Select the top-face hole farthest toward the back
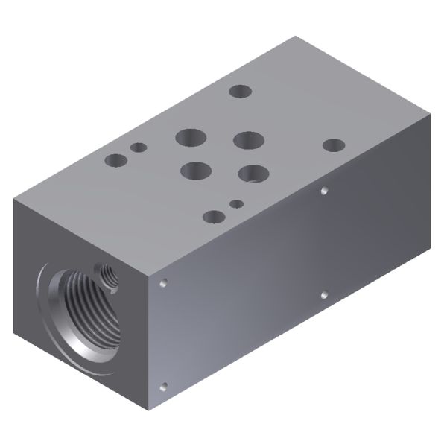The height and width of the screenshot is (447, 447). click(x=240, y=91)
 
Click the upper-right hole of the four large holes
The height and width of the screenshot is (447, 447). click(x=248, y=140)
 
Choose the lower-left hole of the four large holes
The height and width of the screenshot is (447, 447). click(x=195, y=171)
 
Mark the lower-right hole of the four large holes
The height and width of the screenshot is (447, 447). click(x=254, y=174)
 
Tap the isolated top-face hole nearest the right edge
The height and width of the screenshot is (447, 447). click(x=333, y=146)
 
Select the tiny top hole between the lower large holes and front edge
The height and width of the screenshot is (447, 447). click(x=236, y=203)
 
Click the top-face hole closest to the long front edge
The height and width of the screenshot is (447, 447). click(x=214, y=216)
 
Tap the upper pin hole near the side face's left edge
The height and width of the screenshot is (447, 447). click(x=163, y=283)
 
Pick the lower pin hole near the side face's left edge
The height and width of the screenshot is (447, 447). click(x=163, y=386)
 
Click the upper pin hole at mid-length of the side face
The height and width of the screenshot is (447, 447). click(x=324, y=191)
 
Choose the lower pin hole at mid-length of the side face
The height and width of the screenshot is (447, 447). click(x=324, y=295)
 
